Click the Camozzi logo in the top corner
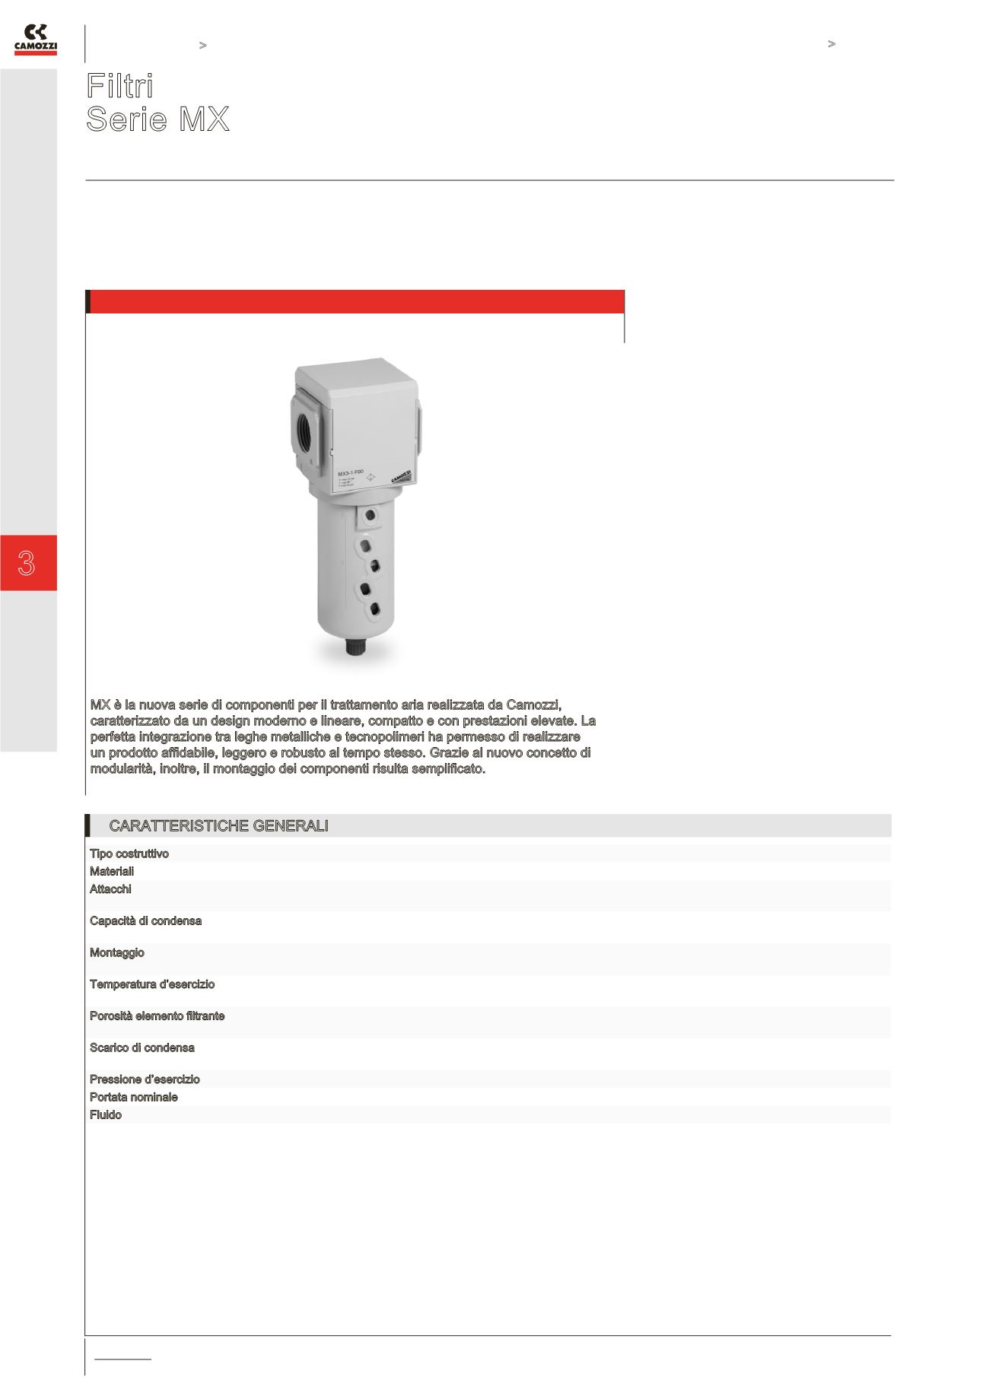point(36,40)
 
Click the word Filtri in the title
point(120,86)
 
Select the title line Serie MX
point(157,120)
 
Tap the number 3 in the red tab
point(27,564)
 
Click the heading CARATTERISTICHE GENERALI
point(218,826)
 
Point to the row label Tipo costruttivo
point(129,854)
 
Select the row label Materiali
point(112,871)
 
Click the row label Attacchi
point(110,889)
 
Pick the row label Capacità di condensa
point(145,920)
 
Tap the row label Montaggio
point(116,952)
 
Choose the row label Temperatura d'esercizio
point(152,984)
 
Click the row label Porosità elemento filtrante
point(157,1016)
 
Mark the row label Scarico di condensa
point(142,1048)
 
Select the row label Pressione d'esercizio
point(145,1079)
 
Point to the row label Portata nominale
point(133,1097)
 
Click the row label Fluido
point(106,1114)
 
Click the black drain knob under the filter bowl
point(354,647)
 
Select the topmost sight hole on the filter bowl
point(370,517)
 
